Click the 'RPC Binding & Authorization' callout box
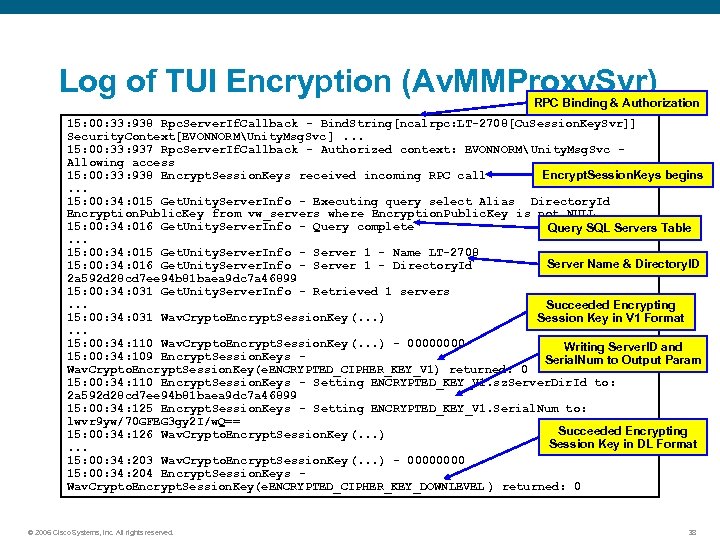click(616, 103)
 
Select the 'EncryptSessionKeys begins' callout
click(622, 175)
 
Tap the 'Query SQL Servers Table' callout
click(619, 228)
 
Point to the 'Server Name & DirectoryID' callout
click(623, 264)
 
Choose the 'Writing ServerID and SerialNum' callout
click(622, 353)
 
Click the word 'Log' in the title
click(86, 82)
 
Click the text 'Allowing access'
click(120, 162)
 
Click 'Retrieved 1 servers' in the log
click(381, 291)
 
